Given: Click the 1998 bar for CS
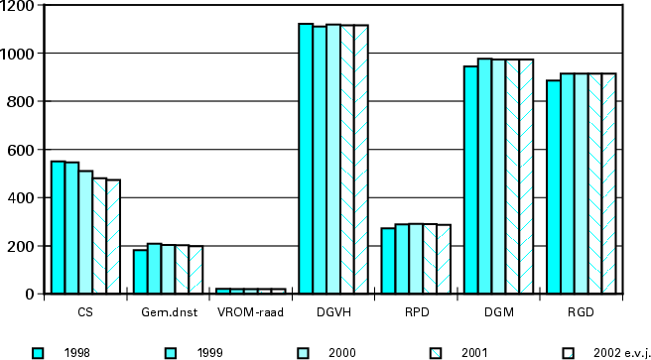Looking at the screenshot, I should click(59, 227).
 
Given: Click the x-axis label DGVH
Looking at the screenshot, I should click(333, 312).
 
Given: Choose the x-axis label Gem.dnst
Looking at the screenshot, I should click(168, 312).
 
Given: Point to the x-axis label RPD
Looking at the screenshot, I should click(416, 312).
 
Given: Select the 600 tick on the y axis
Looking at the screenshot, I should click(22, 150).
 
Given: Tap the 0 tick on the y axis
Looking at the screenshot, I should click(30, 295).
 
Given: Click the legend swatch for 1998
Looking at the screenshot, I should click(39, 352).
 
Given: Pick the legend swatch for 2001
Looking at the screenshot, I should click(436, 352).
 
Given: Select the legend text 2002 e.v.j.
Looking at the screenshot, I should click(620, 352).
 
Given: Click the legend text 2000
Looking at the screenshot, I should click(343, 352).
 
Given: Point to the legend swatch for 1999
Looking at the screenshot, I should click(171, 352).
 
